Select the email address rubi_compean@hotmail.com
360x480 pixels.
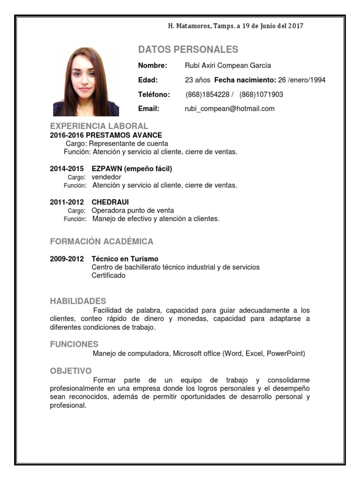click(230, 109)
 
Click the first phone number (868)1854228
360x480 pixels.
click(208, 95)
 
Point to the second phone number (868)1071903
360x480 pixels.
click(261, 95)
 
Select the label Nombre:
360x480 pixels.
click(152, 66)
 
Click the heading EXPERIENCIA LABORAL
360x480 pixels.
click(99, 126)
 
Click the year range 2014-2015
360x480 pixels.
click(67, 169)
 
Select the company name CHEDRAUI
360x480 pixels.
click(110, 202)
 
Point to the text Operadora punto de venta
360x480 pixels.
click(133, 210)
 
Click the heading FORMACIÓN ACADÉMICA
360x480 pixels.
click(102, 242)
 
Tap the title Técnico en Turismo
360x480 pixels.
click(125, 259)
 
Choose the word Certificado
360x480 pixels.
click(108, 276)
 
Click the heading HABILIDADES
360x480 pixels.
click(78, 301)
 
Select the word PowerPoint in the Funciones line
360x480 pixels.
click(285, 353)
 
